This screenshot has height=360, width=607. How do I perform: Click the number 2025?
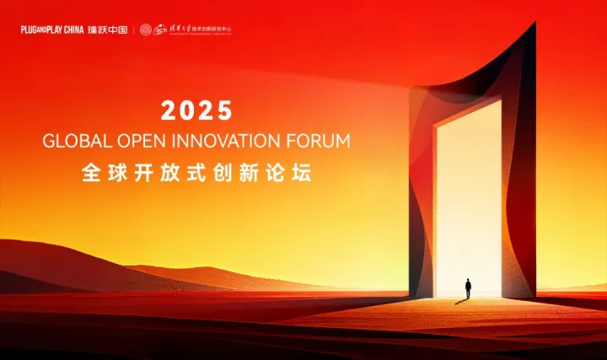pyautogui.click(x=196, y=110)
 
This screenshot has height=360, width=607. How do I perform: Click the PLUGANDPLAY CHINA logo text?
pyautogui.click(x=52, y=30)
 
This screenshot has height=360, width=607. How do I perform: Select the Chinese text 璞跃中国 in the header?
pyautogui.click(x=107, y=30)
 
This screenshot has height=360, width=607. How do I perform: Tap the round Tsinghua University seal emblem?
pyautogui.click(x=146, y=30)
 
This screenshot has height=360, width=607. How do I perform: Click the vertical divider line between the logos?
pyautogui.click(x=133, y=30)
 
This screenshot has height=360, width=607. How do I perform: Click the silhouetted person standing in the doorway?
pyautogui.click(x=468, y=288)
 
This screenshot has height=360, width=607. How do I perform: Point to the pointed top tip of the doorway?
pyautogui.click(x=534, y=24)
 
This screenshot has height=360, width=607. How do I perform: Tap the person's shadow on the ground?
pyautogui.click(x=460, y=301)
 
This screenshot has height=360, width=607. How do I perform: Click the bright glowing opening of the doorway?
pyautogui.click(x=469, y=194)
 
